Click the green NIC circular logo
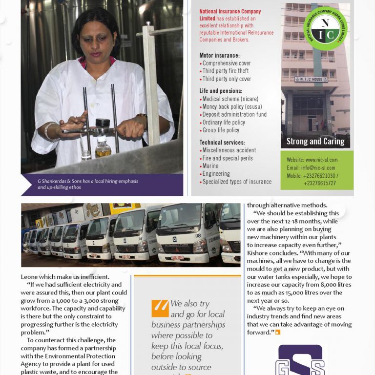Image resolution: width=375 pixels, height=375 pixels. coord(325,28)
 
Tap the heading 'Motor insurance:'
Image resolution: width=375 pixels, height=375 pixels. coord(219,56)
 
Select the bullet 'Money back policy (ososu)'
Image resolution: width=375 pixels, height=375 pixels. coord(232,106)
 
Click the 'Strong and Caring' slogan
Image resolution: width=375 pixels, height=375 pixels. coord(315,142)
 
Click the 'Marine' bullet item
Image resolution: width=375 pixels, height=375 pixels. coord(210,166)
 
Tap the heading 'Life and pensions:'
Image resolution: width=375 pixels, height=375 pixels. coord(221,91)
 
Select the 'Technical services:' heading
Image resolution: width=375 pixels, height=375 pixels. coord(222,143)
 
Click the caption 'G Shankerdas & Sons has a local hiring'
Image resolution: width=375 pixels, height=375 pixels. coord(88,181)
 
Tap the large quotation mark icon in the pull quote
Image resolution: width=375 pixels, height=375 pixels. coord(160,308)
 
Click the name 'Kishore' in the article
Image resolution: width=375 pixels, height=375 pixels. coord(259,253)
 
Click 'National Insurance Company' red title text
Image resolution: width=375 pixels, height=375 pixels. coord(230,12)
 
